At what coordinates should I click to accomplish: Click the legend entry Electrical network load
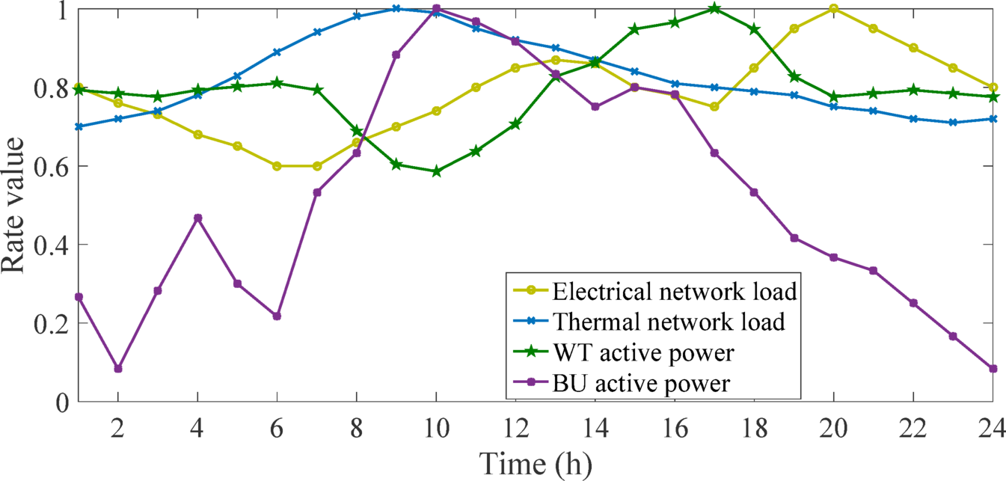pos(673,290)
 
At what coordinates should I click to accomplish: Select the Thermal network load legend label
pos(669,322)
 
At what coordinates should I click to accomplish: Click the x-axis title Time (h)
pos(536,464)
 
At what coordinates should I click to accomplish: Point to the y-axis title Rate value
pos(18,206)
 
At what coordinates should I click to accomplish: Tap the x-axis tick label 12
pos(516,423)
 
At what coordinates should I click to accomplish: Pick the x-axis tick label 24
pos(992,423)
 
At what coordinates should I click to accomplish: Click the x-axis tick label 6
pos(277,423)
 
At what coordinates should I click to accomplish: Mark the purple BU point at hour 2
pos(118,369)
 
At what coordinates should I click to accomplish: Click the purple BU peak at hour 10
pos(436,9)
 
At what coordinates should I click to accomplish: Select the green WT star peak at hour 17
pos(714,9)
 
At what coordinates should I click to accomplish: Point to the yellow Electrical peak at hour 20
pos(833,9)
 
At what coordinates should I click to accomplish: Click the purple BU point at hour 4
pos(197,218)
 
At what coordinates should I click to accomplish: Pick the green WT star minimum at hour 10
pos(436,171)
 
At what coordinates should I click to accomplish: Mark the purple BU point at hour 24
pos(993,369)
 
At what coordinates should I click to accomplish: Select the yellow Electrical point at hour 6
pos(277,166)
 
